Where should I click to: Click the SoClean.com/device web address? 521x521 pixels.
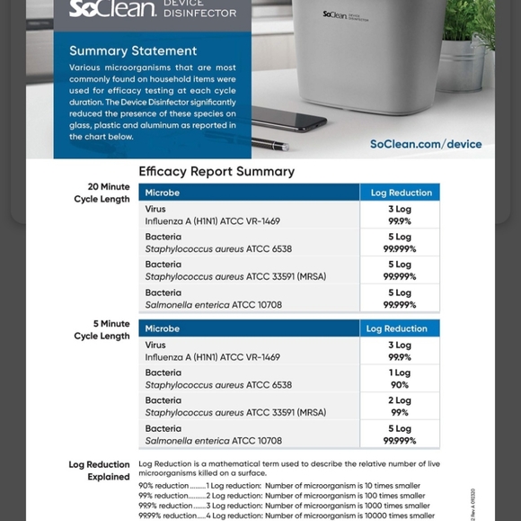(426, 144)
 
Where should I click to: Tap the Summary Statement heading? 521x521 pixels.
(133, 50)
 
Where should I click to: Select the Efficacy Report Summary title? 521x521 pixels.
(216, 171)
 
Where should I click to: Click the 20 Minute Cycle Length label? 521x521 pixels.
(102, 193)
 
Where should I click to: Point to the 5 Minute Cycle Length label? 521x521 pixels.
(102, 329)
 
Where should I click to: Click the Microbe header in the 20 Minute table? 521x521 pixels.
(163, 193)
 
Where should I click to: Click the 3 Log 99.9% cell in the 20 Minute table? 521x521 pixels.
(400, 215)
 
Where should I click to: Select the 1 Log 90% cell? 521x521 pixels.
(400, 379)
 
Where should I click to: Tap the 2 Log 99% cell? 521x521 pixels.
(400, 407)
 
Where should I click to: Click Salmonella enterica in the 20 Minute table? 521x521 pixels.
(214, 305)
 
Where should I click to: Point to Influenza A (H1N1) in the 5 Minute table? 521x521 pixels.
(212, 357)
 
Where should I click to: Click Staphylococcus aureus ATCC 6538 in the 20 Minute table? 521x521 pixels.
(218, 249)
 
